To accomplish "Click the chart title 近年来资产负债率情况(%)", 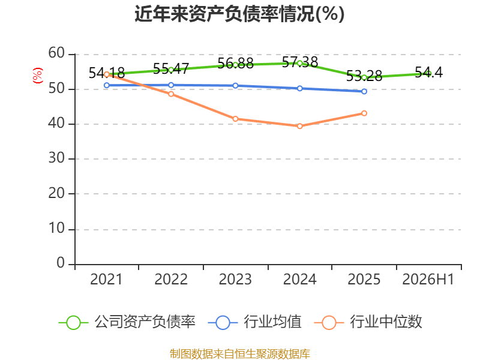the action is click(239, 14).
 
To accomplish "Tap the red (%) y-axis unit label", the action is click(38, 76).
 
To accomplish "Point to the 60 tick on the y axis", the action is click(56, 53).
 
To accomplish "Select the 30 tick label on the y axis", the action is click(56, 158).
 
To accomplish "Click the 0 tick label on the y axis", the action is click(61, 263).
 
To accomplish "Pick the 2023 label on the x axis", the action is click(235, 279).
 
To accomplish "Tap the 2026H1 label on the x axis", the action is click(428, 279).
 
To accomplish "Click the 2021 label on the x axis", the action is click(106, 279).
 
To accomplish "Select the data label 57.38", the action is click(300, 62).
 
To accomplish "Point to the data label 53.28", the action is click(364, 76).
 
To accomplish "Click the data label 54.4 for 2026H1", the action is click(428, 72).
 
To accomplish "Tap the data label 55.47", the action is click(171, 68).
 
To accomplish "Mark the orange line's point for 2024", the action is click(299, 126).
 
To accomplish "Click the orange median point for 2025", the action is click(364, 113).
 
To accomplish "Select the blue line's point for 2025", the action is click(364, 91).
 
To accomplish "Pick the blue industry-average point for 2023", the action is click(235, 86).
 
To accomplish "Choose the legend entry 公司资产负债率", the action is click(127, 322).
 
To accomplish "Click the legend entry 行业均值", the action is click(254, 322).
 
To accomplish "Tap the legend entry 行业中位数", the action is click(368, 322).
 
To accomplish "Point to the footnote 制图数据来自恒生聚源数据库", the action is click(240, 353).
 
